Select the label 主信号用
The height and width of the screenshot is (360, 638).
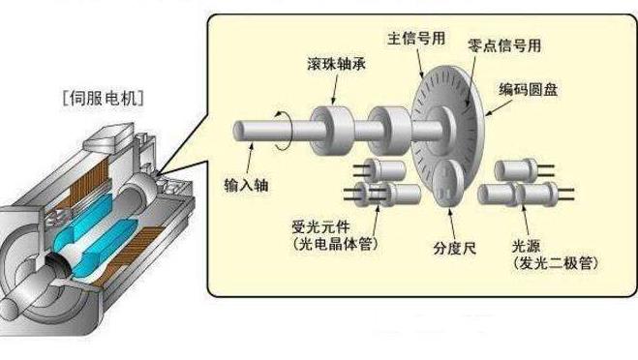point(414,41)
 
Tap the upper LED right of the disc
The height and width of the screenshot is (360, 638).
point(514,170)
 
